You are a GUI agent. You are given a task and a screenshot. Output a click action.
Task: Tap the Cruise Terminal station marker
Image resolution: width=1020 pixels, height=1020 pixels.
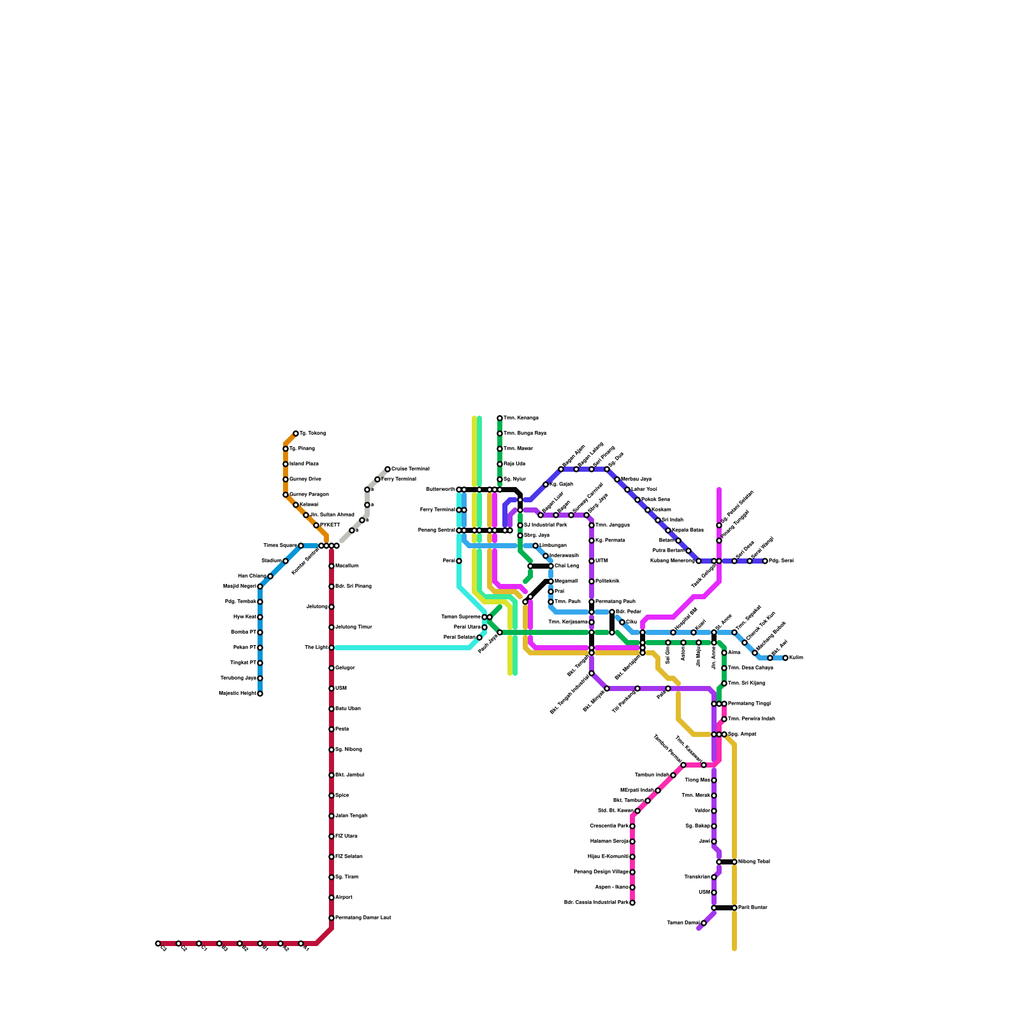pos(388,469)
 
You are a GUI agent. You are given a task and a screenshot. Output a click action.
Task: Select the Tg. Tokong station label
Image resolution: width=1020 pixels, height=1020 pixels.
pos(312,433)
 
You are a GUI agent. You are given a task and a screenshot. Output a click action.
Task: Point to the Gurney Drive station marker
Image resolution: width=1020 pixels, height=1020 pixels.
pos(286,479)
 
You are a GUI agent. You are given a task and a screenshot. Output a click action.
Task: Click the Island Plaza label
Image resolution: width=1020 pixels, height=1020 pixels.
pos(304,464)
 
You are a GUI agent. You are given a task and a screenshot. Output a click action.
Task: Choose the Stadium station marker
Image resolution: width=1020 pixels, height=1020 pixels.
pos(286,561)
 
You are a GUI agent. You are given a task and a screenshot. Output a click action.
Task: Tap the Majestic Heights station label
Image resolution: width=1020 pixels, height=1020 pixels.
pos(237,694)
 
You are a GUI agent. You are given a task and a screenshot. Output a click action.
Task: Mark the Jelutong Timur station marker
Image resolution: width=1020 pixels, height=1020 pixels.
pos(331,627)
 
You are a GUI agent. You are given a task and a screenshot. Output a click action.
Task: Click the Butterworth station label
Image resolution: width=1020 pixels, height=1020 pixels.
pos(441,490)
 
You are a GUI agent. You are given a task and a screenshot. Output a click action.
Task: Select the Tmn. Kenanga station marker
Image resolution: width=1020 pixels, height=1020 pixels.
pos(500,418)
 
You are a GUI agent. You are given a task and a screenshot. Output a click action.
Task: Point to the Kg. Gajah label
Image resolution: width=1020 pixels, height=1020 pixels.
pos(562,484)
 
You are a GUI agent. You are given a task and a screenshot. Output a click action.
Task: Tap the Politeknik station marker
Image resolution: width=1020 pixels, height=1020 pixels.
pos(592,581)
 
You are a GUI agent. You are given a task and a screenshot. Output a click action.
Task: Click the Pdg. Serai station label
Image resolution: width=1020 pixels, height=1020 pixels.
pos(782,561)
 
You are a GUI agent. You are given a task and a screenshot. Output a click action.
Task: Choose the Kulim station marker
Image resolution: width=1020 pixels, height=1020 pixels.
pos(785,658)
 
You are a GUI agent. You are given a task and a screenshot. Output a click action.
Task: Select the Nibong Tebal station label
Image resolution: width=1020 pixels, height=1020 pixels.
pos(754,862)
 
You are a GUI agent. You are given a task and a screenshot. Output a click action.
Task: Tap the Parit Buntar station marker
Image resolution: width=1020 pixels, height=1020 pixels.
pos(734,908)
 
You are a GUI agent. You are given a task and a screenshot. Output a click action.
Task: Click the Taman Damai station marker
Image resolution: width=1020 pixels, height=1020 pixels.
pos(704,923)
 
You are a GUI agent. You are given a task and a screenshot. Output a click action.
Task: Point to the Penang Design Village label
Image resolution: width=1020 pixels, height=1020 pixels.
pos(601,872)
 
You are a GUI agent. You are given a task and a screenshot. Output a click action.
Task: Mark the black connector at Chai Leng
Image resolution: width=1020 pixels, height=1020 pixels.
pos(541,566)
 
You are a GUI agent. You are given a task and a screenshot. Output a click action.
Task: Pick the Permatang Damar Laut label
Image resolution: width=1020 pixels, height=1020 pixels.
pos(363,918)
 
